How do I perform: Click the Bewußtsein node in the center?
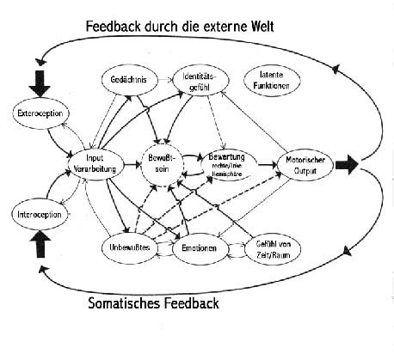click(x=165, y=165)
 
